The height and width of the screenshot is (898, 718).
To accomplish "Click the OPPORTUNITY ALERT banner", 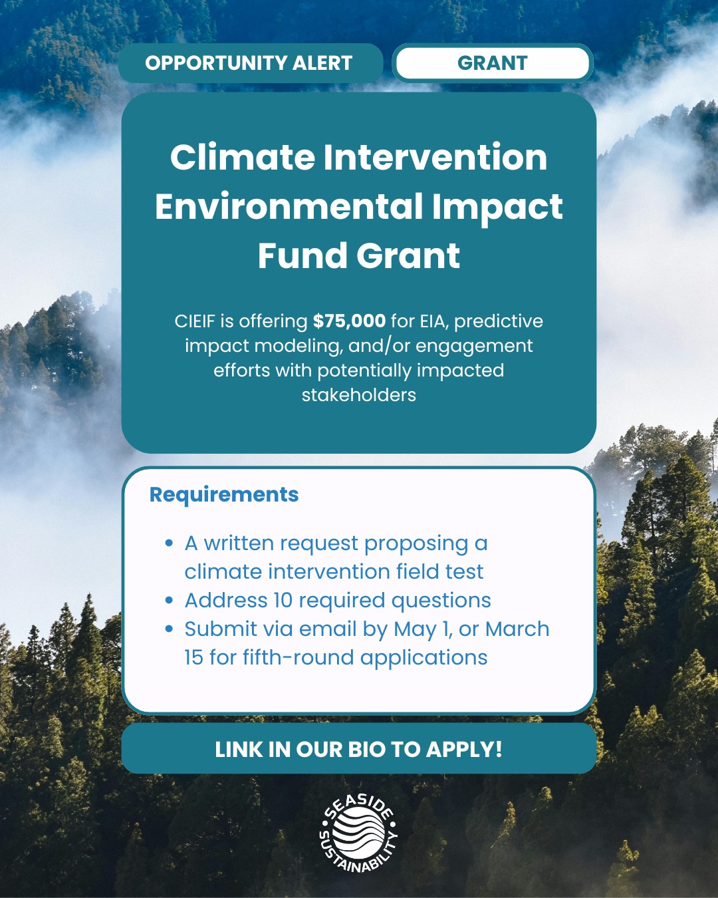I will point(249,63).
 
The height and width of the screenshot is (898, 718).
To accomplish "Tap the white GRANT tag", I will point(492,63).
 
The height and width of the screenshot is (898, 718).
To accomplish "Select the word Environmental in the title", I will point(289,207).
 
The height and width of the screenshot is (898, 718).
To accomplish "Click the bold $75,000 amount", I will point(349,321).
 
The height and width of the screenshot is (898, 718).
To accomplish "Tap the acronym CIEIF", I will point(195,321).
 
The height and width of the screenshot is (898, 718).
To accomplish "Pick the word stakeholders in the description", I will point(359,395).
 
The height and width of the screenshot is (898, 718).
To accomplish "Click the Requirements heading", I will point(224,495).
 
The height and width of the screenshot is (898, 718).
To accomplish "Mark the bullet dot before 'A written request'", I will point(170,543).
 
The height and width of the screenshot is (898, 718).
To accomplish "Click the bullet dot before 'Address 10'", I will point(170,601).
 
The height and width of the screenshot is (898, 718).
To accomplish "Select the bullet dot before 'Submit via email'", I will point(170,629).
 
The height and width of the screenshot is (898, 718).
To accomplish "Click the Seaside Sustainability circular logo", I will point(359,833).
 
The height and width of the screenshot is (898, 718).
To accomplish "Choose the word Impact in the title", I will point(497,207).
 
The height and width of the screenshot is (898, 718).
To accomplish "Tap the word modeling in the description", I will point(297,346).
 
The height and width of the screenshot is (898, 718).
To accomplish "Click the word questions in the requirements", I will point(441,601).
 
